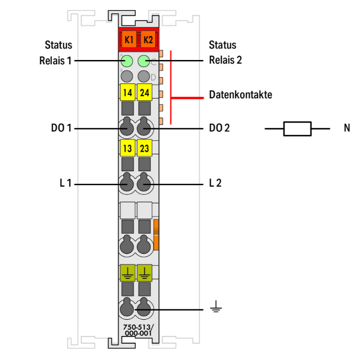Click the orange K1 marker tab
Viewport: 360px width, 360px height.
point(129,39)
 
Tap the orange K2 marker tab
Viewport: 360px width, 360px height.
point(148,39)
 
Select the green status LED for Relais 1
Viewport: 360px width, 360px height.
point(127,61)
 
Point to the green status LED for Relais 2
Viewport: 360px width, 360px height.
point(144,61)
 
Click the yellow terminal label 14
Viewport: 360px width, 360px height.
point(128,92)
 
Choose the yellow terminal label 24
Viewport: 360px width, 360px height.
point(144,92)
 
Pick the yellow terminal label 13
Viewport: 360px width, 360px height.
point(128,148)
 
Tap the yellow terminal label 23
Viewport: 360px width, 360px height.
point(144,148)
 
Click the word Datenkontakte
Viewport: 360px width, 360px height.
point(240,95)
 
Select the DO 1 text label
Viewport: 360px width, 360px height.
point(61,128)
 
